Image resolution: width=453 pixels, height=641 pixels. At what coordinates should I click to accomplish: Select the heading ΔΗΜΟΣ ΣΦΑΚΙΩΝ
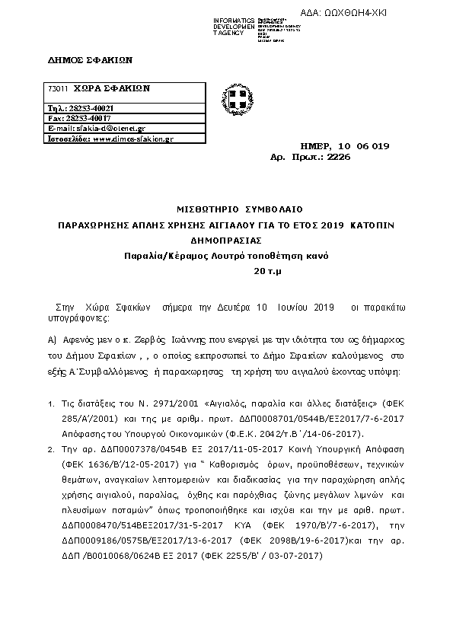click(78, 59)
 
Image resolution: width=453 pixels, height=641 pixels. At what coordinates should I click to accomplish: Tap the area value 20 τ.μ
click(267, 271)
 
